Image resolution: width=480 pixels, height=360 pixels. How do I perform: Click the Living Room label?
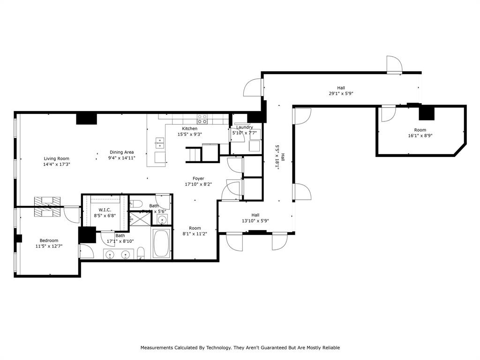(57, 158)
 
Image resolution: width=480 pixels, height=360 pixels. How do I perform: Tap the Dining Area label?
(122, 152)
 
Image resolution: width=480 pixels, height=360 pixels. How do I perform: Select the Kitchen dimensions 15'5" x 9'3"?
(190, 135)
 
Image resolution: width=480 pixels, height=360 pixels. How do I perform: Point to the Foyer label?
(198, 178)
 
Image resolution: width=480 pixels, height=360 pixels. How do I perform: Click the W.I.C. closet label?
(104, 210)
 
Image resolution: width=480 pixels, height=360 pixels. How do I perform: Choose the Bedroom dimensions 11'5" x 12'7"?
(49, 246)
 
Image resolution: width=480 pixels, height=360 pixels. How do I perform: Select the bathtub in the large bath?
(161, 243)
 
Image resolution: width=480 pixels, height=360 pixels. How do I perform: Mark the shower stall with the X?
(139, 219)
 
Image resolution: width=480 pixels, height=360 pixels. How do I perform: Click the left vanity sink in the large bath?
(110, 255)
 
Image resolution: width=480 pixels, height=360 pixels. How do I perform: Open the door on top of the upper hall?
(394, 65)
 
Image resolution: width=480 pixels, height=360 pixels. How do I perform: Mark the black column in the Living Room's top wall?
(86, 119)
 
